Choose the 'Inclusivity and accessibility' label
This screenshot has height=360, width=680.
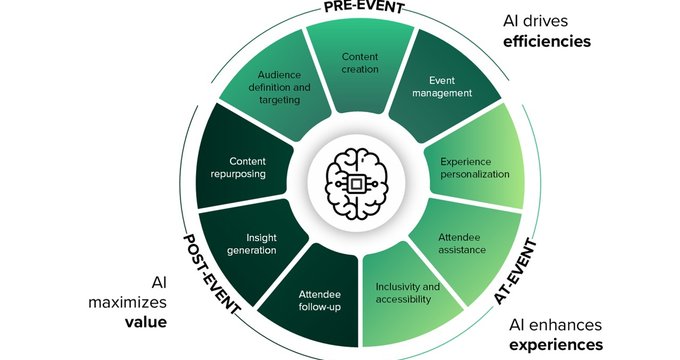(x=407, y=293)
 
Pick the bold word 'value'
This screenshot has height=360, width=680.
(x=145, y=322)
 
